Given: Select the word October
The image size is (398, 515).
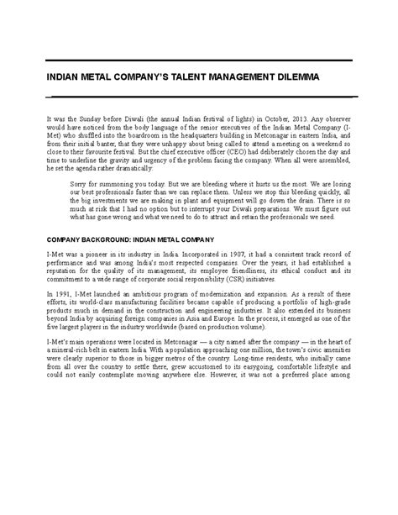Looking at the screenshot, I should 275,120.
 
